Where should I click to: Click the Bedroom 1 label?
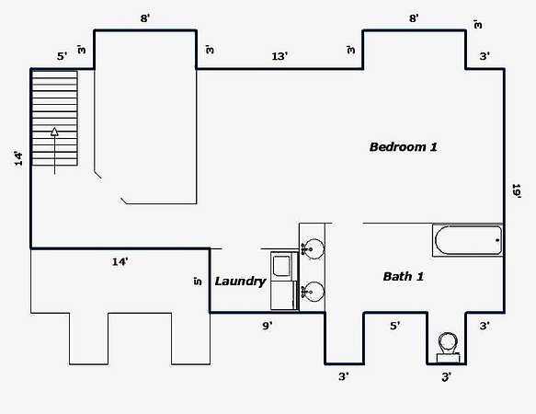404,147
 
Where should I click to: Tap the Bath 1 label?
404,276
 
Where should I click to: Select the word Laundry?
240,282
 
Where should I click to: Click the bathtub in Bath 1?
468,240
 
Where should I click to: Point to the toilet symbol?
448,347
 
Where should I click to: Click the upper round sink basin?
314,248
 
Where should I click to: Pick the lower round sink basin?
314,292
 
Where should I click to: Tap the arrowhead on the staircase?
54,132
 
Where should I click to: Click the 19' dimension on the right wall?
516,190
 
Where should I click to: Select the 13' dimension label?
279,56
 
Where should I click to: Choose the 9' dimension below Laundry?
268,326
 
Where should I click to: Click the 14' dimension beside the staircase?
18,158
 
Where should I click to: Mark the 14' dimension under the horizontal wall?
120,262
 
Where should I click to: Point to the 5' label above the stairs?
62,56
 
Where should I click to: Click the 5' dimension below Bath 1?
394,326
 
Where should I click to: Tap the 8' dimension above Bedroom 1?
414,18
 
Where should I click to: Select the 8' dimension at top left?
145,18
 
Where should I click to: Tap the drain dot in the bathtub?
497,240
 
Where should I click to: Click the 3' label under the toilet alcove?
447,376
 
